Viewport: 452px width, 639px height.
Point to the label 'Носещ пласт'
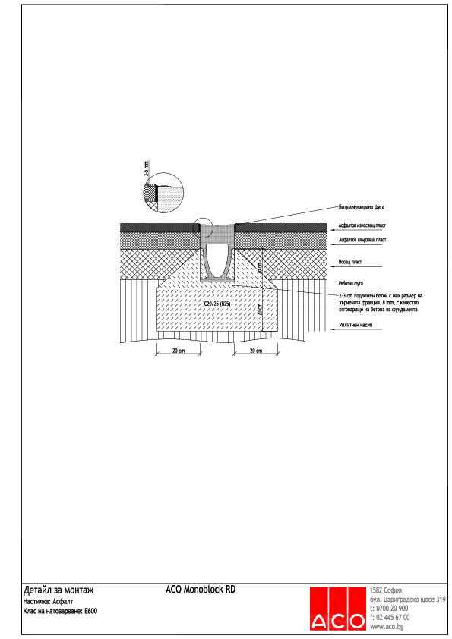tap(351, 262)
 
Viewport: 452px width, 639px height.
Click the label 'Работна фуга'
tap(351, 282)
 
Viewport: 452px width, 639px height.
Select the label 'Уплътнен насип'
tap(355, 325)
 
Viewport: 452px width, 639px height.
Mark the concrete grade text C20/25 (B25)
tap(217, 303)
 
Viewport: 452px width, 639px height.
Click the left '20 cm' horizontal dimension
tap(179, 351)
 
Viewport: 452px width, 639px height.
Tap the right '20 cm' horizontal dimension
tap(254, 351)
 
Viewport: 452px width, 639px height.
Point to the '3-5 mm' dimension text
tap(147, 168)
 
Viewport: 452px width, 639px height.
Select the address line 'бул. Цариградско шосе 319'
tap(408, 600)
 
